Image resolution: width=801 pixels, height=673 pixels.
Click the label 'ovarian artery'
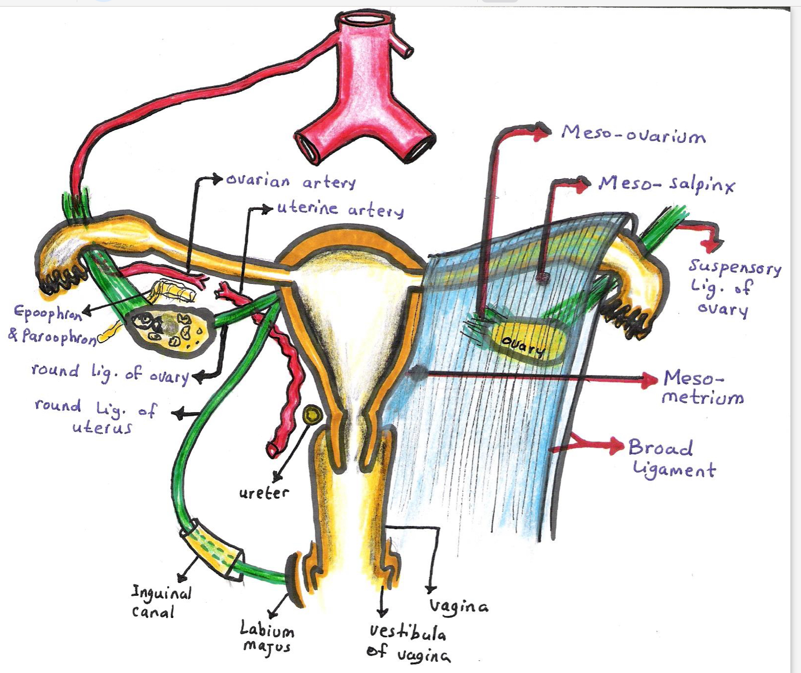pos(291,181)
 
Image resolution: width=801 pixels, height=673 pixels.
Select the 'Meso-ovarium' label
pos(633,135)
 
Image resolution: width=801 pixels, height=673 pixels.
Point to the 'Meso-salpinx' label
pos(667,184)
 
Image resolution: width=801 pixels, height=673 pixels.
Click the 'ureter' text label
pos(264,493)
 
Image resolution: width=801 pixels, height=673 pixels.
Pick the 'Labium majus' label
pos(266,638)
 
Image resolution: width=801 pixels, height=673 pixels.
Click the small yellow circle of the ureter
pos(312,415)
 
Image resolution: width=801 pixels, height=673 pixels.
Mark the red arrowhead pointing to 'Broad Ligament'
pos(617,445)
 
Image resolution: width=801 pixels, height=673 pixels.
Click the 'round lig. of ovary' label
pos(110,373)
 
